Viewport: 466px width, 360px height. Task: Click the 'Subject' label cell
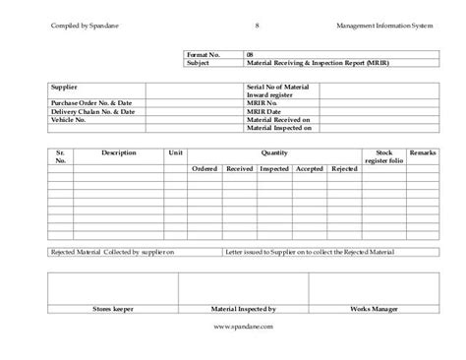coord(200,62)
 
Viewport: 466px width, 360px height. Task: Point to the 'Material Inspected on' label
coord(279,127)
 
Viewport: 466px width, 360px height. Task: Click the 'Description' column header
coord(118,153)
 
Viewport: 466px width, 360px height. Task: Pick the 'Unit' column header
coord(176,153)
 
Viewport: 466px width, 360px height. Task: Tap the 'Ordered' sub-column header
coord(204,170)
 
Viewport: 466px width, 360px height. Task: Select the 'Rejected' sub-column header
coord(344,170)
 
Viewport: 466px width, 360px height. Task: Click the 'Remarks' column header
coord(423,153)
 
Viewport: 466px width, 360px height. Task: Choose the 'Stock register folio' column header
coord(383,157)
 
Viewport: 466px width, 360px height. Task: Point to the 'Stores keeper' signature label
coord(111,307)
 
